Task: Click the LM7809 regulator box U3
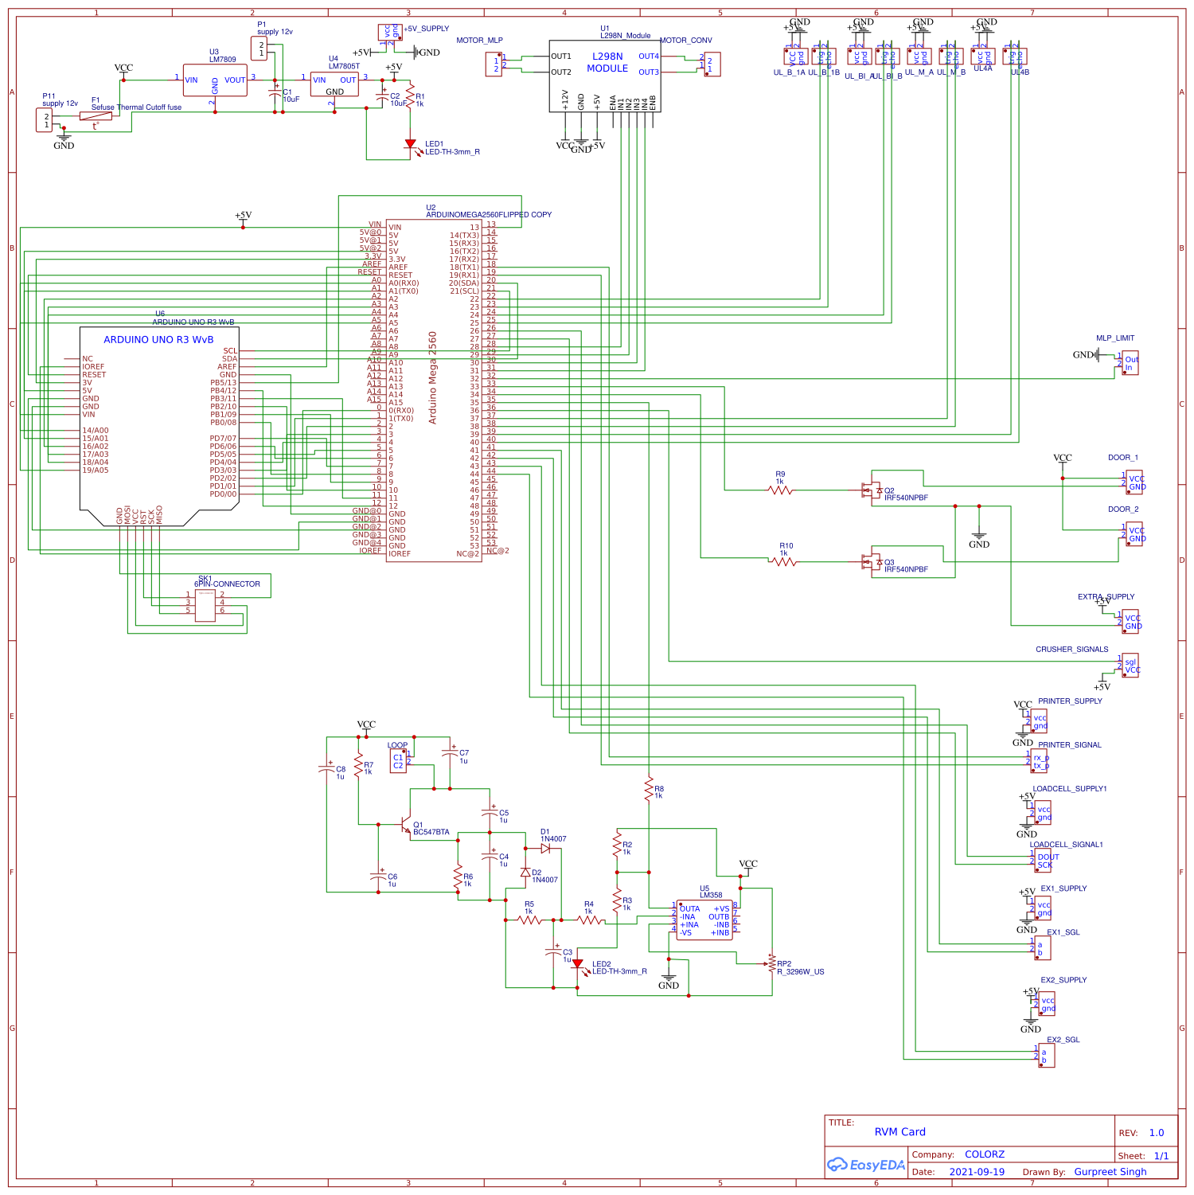215,80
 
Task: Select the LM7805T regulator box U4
334,84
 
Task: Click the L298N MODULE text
607,63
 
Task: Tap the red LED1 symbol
411,145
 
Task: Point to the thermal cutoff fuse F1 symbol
96,116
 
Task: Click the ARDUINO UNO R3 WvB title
158,340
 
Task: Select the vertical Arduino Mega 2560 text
433,377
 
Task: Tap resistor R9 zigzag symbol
781,490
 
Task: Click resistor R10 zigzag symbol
784,562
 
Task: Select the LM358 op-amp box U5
704,920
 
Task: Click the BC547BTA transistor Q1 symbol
406,825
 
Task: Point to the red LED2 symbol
577,965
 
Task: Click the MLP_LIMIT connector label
1114,338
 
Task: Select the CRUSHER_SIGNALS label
1071,650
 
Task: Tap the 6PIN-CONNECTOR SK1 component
205,605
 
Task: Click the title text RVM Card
899,1132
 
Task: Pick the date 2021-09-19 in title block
977,1172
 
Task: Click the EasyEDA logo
866,1165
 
